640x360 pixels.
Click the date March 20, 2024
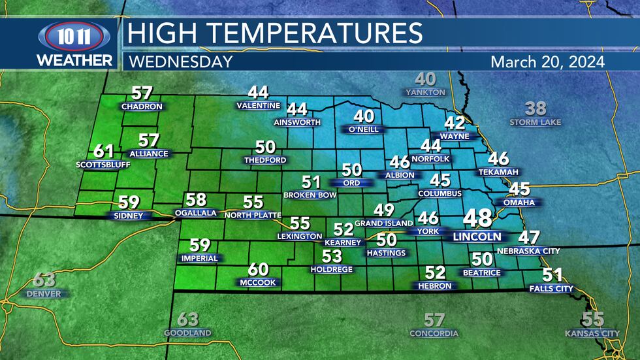tap(547, 62)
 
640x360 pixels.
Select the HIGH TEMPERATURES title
tap(274, 33)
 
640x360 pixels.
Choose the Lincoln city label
tap(477, 237)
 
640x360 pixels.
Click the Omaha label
tap(519, 203)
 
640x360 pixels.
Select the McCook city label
tap(258, 282)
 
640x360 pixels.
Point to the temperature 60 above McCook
tap(258, 269)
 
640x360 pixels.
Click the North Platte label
tap(252, 215)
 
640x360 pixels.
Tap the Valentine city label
tap(258, 106)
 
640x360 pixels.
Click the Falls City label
tap(551, 288)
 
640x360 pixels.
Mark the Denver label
tap(44, 294)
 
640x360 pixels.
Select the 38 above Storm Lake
tap(536, 108)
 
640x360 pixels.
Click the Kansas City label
tap(592, 333)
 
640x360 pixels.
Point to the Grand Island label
tap(384, 223)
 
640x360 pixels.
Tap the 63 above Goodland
tap(187, 319)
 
